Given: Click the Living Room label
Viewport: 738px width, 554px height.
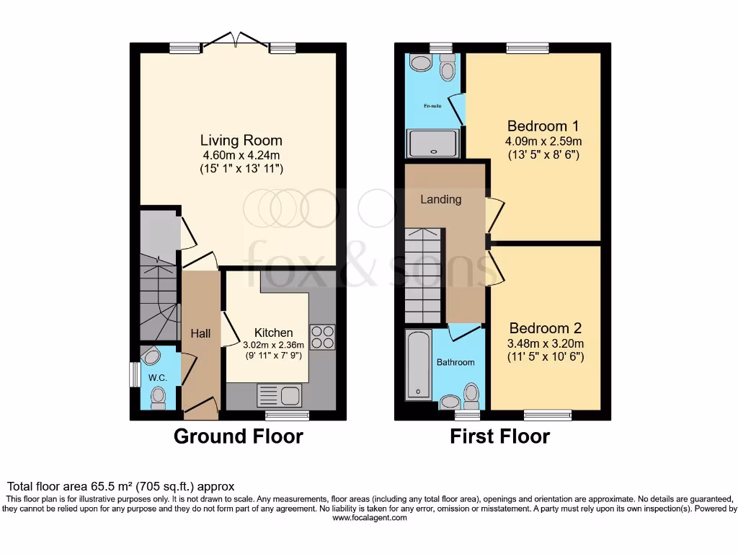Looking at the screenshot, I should pos(241,140).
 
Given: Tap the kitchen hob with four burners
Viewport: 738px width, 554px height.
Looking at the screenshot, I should pos(322,337).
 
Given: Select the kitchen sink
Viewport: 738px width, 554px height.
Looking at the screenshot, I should pos(280,395).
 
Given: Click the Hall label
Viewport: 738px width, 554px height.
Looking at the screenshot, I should pos(200,333).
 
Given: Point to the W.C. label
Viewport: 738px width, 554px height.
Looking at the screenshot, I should pos(158,377).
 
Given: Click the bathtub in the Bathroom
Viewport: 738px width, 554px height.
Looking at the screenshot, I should pos(419,364).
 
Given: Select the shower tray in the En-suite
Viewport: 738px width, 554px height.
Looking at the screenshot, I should pos(432,143).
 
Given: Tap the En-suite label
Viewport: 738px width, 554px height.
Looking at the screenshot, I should pos(432,106).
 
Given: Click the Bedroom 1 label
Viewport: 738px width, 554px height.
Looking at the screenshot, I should pos(543,125).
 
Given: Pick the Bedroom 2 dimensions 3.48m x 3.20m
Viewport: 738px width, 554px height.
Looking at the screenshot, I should pos(544,343).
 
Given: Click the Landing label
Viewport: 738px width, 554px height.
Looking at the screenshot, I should pos(440,199).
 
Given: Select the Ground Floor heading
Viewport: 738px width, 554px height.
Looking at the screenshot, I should pos(239,436).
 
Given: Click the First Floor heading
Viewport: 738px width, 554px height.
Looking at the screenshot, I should pos(500,436).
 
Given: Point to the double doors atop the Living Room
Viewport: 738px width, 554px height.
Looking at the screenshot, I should pos(238,42).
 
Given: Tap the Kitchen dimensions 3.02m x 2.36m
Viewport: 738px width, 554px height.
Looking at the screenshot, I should pos(275,345).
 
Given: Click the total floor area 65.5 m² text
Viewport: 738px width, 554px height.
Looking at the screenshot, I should pos(120,487).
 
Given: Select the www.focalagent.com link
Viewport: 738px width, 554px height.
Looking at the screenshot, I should pos(368,518).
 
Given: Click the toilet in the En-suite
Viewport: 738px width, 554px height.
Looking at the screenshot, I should pos(448,70).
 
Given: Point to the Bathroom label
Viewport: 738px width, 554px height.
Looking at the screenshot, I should pos(455,362).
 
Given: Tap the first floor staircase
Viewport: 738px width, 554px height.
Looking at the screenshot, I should pos(423,274).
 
